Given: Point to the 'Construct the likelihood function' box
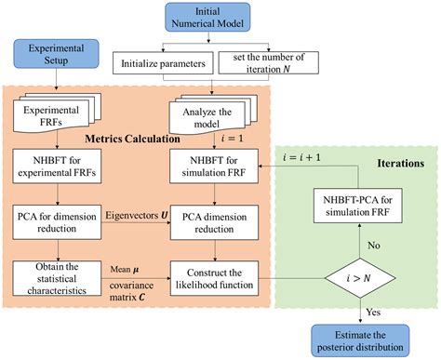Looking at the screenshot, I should tap(220, 275).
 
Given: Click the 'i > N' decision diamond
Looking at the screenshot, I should tap(367, 276).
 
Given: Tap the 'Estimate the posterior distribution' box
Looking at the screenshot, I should tap(367, 338).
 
